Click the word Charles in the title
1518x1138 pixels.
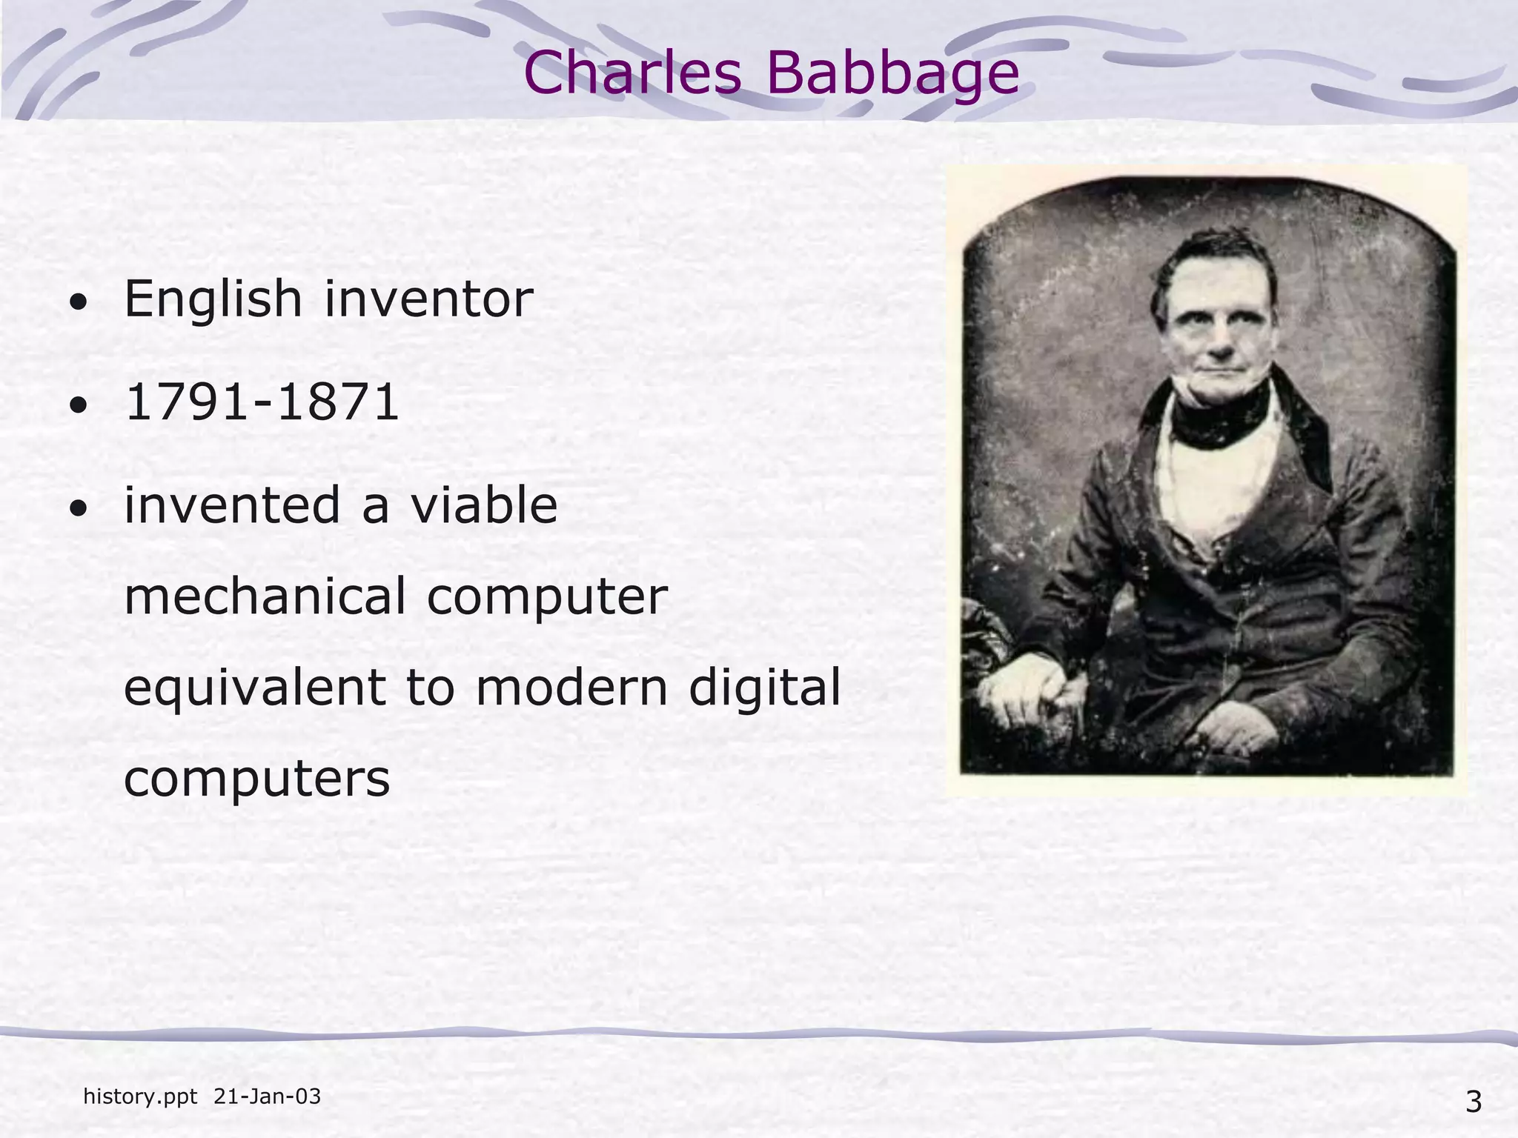pyautogui.click(x=632, y=73)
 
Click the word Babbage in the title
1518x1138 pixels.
pyautogui.click(x=892, y=74)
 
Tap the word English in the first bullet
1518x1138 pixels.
pyautogui.click(x=213, y=299)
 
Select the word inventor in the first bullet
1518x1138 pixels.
pyautogui.click(x=428, y=299)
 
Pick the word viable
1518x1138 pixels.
pyautogui.click(x=484, y=505)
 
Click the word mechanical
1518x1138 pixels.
pyautogui.click(x=265, y=596)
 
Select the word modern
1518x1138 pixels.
pyautogui.click(x=571, y=687)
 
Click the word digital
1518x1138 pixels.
pyautogui.click(x=765, y=688)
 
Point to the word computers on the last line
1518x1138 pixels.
pyautogui.click(x=256, y=779)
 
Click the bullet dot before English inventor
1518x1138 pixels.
pyautogui.click(x=78, y=303)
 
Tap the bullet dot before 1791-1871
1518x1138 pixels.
pyautogui.click(x=78, y=406)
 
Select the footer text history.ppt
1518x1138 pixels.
pyautogui.click(x=140, y=1097)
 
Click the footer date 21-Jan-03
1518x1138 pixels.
pyautogui.click(x=267, y=1097)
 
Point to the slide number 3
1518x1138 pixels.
pyautogui.click(x=1474, y=1102)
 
